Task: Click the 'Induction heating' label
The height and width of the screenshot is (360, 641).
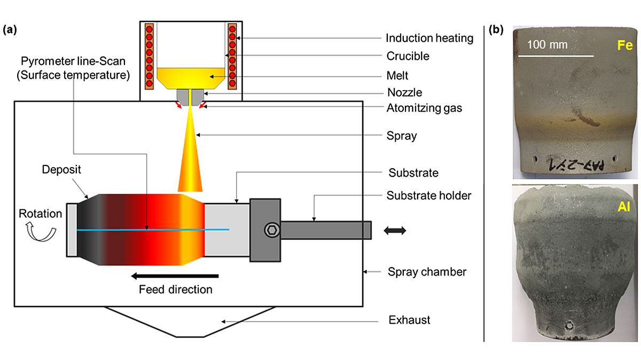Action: pyautogui.click(x=429, y=38)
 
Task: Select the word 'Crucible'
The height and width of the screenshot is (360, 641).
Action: pyautogui.click(x=408, y=56)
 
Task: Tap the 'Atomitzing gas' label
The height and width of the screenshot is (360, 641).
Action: pyautogui.click(x=425, y=108)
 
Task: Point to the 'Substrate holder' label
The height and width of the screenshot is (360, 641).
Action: pyautogui.click(x=429, y=195)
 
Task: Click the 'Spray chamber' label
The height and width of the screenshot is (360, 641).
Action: pyautogui.click(x=427, y=272)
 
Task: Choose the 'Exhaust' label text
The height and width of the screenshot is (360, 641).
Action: pyautogui.click(x=409, y=320)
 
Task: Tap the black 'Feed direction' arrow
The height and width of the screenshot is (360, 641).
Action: pyautogui.click(x=176, y=276)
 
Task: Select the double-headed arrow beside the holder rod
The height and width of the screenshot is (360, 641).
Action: pyautogui.click(x=395, y=231)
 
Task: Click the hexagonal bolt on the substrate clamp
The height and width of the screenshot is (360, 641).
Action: pyautogui.click(x=271, y=230)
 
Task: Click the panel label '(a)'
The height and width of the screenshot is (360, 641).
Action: pyautogui.click(x=11, y=30)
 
